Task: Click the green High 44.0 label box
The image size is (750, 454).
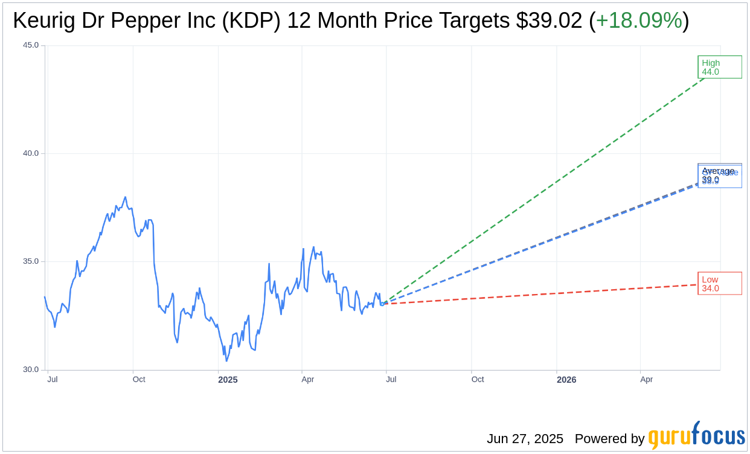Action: [x=719, y=67]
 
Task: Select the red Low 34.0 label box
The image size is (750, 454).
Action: [x=719, y=283]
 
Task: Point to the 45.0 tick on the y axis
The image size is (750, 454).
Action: [x=31, y=45]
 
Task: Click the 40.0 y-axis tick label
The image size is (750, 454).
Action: [x=31, y=153]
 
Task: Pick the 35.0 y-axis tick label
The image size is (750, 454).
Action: [x=31, y=261]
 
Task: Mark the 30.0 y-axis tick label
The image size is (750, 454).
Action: [x=31, y=369]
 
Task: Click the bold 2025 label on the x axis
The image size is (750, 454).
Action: [x=228, y=380]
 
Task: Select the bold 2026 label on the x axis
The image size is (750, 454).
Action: [x=566, y=380]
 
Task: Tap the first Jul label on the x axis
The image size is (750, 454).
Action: [x=53, y=380]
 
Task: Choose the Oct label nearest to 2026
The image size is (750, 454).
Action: [x=478, y=380]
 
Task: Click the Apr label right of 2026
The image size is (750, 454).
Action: [x=646, y=380]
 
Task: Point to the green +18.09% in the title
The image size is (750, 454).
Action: [x=639, y=21]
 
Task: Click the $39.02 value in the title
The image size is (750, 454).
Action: [x=549, y=21]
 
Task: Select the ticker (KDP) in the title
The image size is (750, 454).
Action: [x=251, y=21]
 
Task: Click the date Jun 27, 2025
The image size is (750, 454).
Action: [x=525, y=439]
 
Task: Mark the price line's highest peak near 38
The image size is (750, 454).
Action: [x=125, y=197]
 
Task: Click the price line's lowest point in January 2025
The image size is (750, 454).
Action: [x=226, y=361]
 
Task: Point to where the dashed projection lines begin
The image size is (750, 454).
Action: [x=382, y=304]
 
